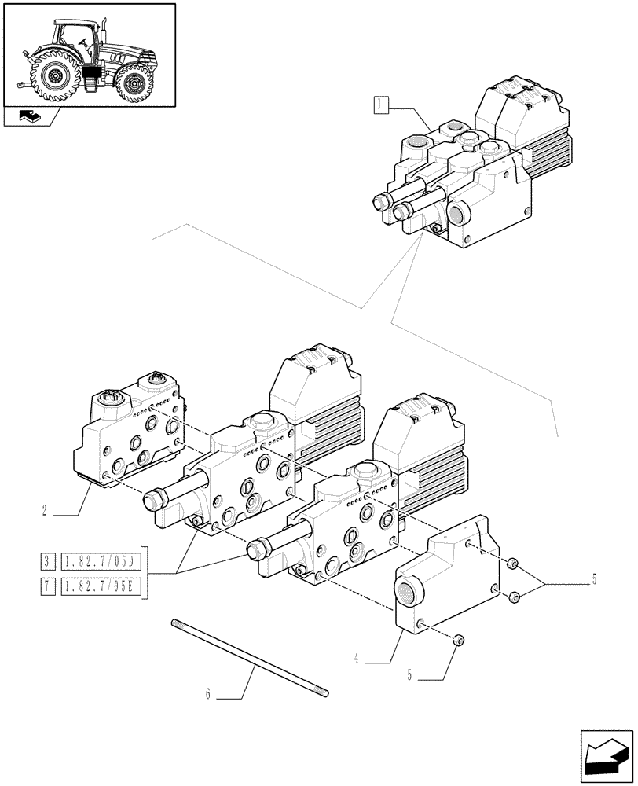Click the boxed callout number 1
(381, 105)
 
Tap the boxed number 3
(49, 561)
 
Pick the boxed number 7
(49, 586)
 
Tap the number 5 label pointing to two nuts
(594, 581)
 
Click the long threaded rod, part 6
(248, 657)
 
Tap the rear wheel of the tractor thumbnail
(56, 76)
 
